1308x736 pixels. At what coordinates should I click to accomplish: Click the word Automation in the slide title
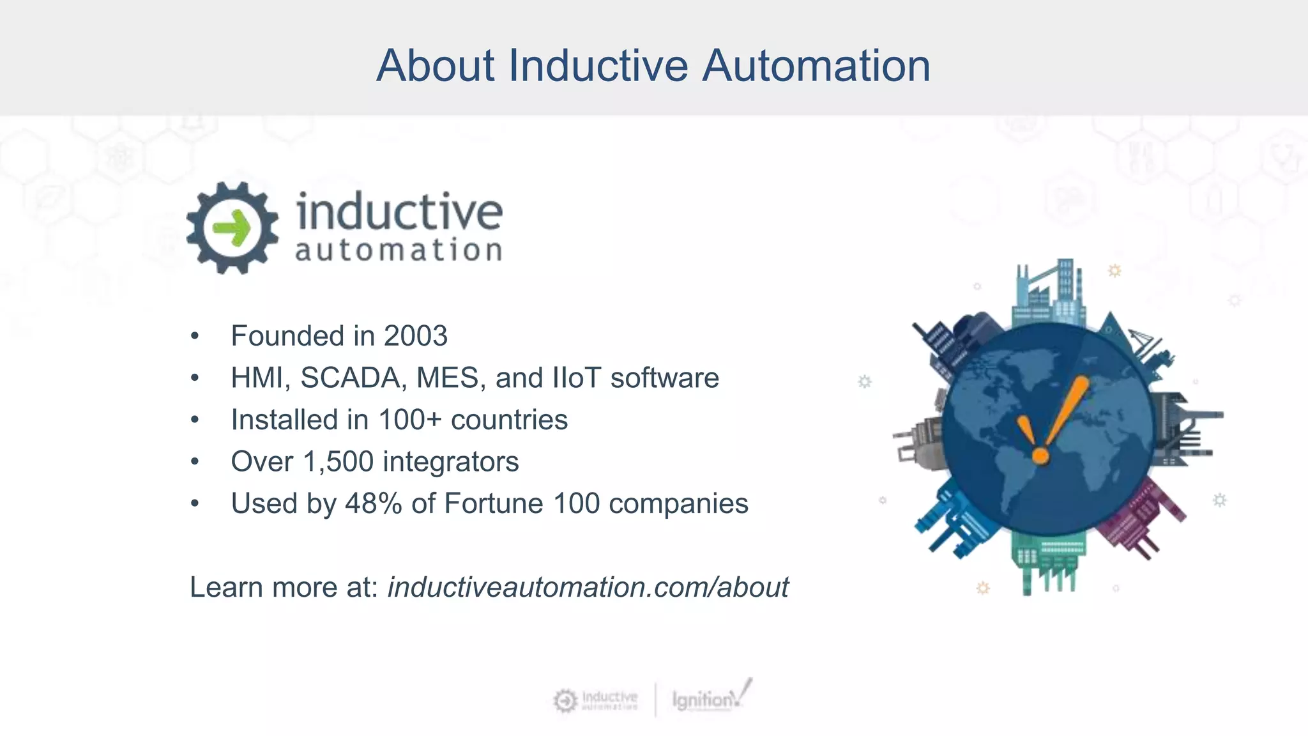pyautogui.click(x=816, y=66)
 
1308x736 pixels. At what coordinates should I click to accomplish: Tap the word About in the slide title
pyautogui.click(x=435, y=66)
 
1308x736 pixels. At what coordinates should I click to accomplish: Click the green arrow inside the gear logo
pyautogui.click(x=232, y=228)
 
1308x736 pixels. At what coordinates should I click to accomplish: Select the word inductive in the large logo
pyautogui.click(x=399, y=211)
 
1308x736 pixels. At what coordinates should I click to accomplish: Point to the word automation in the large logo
pyautogui.click(x=398, y=250)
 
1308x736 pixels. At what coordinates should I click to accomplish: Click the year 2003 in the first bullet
pyautogui.click(x=415, y=336)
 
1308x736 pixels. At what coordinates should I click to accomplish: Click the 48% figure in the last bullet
pyautogui.click(x=373, y=503)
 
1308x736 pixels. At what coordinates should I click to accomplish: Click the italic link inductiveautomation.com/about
pyautogui.click(x=588, y=587)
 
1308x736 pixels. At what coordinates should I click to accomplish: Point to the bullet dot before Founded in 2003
pyautogui.click(x=195, y=337)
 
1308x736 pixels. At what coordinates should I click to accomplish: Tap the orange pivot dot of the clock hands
pyautogui.click(x=1040, y=456)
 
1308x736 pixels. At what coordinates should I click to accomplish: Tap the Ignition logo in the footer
pyautogui.click(x=709, y=698)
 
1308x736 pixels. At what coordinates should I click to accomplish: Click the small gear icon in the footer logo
pyautogui.click(x=565, y=701)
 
